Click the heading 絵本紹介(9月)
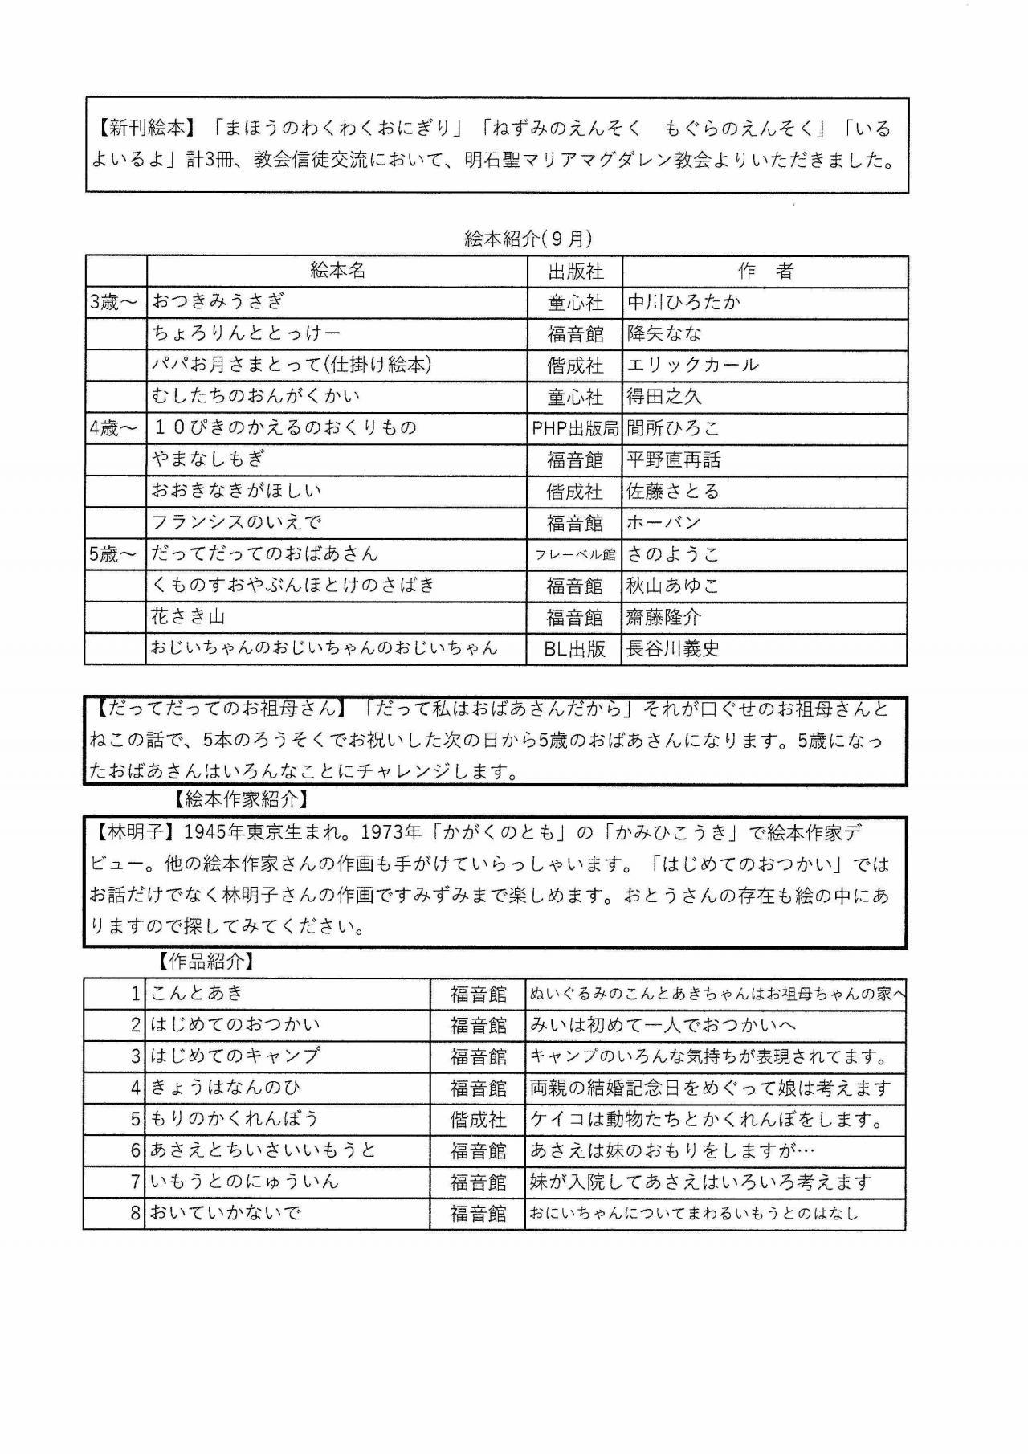(x=528, y=239)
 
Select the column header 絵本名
(x=337, y=271)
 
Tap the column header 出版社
(x=575, y=272)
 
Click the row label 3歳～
(x=114, y=302)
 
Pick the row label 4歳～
(x=114, y=428)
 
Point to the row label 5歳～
(x=114, y=554)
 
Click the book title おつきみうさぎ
(x=218, y=302)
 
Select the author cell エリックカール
(x=692, y=365)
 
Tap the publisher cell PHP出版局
(x=575, y=428)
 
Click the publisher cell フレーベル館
(x=575, y=554)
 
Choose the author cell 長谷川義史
(x=673, y=649)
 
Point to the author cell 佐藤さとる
(x=673, y=491)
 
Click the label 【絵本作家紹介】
(x=240, y=799)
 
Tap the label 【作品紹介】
(x=206, y=961)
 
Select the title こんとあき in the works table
(x=197, y=993)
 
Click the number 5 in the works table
(x=136, y=1119)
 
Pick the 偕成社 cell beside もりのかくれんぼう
(x=478, y=1119)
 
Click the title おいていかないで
(x=226, y=1213)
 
